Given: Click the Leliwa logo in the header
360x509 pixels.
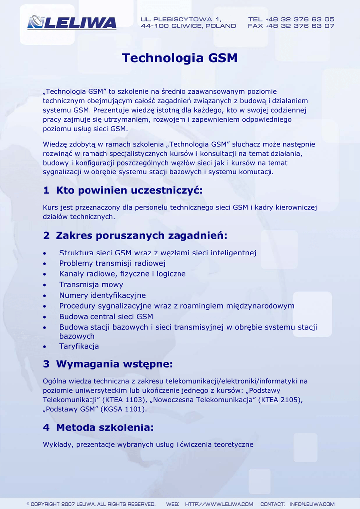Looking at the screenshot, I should click(72, 22).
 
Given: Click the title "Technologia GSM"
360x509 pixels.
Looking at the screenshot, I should click(180, 58).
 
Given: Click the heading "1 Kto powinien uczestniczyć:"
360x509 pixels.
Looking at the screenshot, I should click(123, 190).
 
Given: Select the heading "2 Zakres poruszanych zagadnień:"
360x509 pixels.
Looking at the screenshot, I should click(135, 235).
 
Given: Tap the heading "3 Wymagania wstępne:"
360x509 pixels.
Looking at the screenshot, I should click(108, 364).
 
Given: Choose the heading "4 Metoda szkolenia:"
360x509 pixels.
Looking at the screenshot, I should click(98, 427).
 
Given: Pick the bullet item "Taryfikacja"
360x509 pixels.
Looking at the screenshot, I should click(79, 346).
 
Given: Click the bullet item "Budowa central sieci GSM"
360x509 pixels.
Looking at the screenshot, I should click(106, 317).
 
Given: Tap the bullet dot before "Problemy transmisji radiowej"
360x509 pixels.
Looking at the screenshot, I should click(46, 264).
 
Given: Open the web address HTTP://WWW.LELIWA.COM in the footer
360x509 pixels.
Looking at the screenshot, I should click(219, 504).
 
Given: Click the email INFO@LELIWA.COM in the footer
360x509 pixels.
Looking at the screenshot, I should click(312, 504).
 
